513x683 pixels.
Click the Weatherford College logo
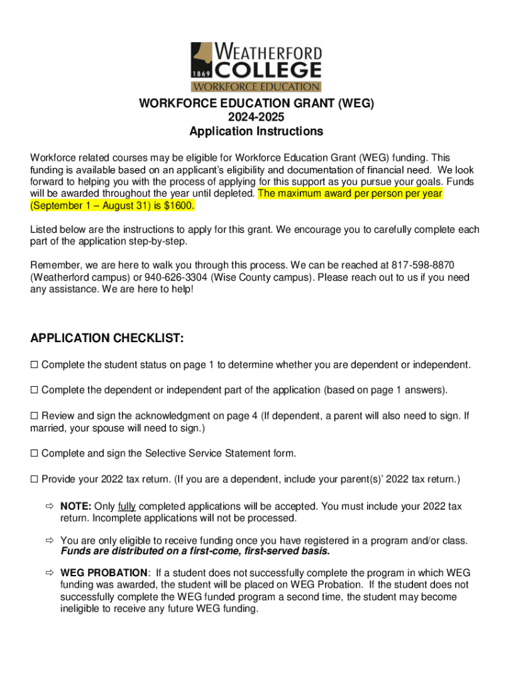[x=256, y=67]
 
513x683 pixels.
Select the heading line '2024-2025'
[x=256, y=117]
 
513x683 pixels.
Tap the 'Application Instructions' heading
[x=256, y=131]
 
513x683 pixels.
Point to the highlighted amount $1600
[x=180, y=206]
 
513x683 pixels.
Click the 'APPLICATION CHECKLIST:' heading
[x=107, y=339]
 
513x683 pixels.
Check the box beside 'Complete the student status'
[x=35, y=365]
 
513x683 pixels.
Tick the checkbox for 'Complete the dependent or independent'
[x=35, y=390]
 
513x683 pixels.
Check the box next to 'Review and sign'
[x=35, y=416]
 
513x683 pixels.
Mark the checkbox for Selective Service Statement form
[x=35, y=454]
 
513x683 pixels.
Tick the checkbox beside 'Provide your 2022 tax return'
[x=35, y=480]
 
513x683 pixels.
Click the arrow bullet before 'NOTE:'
[x=49, y=507]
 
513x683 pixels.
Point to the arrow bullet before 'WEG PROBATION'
[x=49, y=573]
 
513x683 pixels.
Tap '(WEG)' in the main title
[x=355, y=103]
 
